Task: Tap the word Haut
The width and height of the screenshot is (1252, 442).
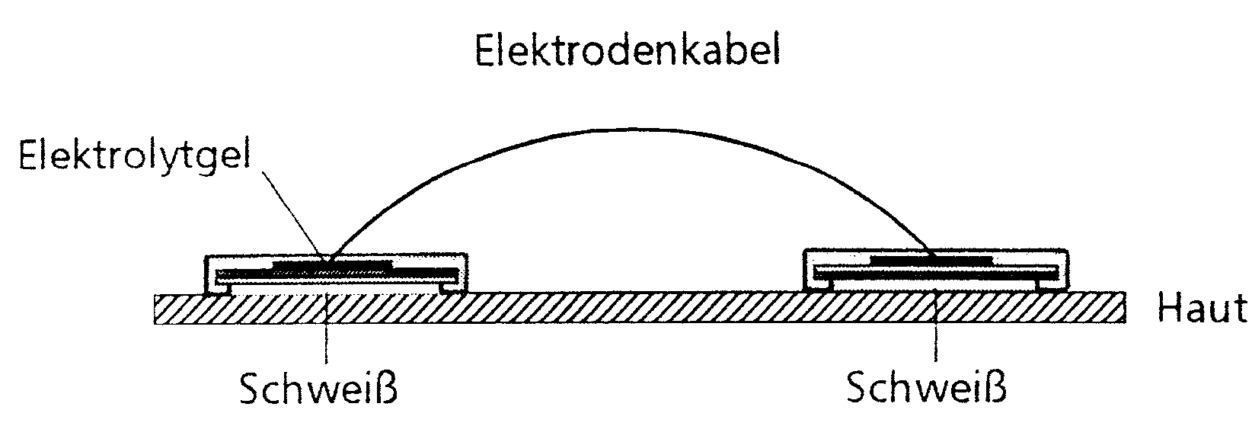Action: pos(1202,309)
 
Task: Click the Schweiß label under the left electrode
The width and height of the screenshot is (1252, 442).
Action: pos(318,389)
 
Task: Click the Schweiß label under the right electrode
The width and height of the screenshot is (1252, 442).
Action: pos(926,389)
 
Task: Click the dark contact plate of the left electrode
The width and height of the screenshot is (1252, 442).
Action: pos(332,267)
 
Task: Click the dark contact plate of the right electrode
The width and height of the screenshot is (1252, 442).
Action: pos(931,261)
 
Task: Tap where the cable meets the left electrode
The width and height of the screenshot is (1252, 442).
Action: pos(329,258)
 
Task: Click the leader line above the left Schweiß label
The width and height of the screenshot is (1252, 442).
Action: pos(326,343)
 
